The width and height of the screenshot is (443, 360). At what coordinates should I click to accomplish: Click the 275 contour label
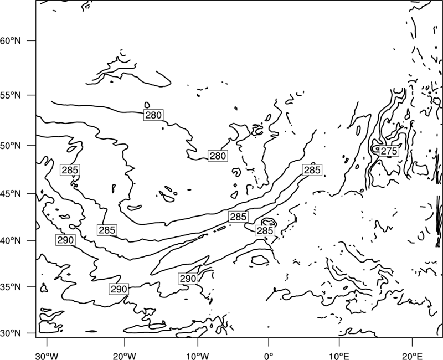point(389,151)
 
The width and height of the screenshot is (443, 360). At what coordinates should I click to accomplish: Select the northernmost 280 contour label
point(153,115)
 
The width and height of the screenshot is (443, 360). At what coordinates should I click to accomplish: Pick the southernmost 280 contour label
point(218,156)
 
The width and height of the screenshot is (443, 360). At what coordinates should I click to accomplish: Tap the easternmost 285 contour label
point(312,170)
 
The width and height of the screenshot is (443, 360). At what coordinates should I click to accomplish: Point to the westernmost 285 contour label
point(70,170)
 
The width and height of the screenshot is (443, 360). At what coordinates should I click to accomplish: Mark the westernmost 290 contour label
point(65,240)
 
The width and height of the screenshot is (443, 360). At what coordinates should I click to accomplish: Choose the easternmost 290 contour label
point(188,279)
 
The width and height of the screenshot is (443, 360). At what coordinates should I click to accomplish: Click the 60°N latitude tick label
point(11,40)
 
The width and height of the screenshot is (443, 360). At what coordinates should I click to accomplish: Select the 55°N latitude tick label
point(11,95)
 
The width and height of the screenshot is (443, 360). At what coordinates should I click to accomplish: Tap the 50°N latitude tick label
point(11,146)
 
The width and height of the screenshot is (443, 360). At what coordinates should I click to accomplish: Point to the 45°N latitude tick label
point(11,194)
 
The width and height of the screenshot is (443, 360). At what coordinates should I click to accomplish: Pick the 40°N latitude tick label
point(11,241)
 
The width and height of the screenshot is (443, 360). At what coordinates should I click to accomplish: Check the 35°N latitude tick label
point(11,287)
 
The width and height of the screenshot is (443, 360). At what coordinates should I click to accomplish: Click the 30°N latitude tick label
point(11,333)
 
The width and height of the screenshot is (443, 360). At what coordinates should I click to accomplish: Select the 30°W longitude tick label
point(47,356)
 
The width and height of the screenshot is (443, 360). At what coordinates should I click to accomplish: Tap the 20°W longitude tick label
point(124,356)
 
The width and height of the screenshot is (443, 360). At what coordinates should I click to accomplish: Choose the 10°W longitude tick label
point(198,356)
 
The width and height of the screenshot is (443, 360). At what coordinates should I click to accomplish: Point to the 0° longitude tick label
point(269,356)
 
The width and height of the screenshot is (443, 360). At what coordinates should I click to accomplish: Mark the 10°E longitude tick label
point(339,356)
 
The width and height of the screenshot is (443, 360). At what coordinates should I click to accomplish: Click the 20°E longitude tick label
point(412,356)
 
